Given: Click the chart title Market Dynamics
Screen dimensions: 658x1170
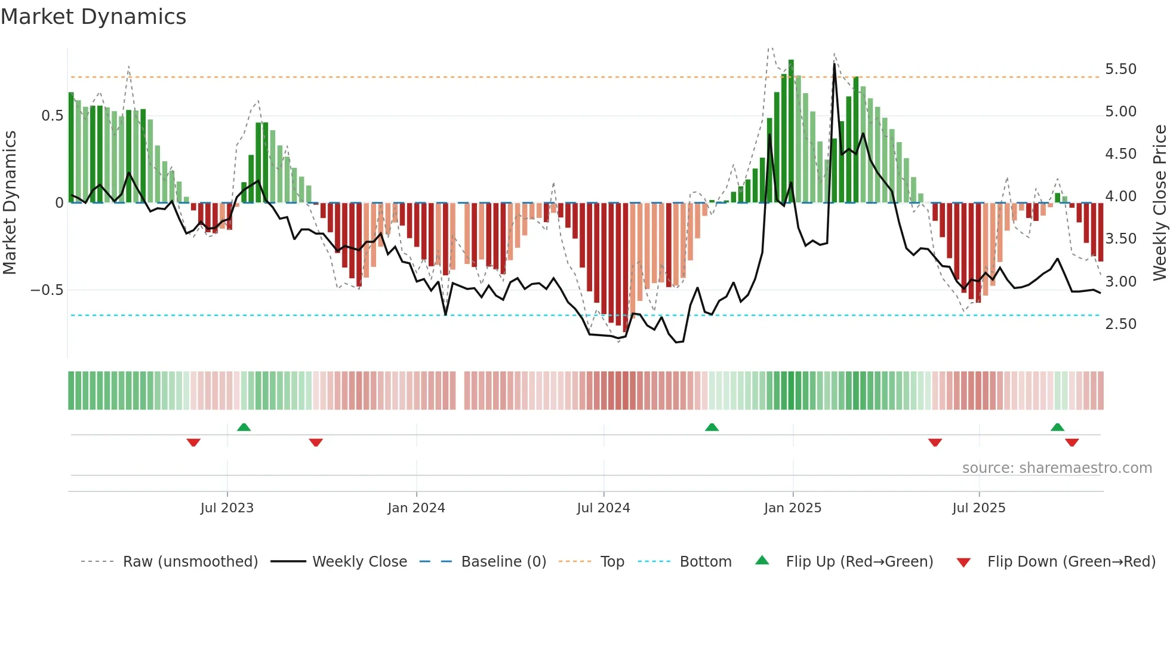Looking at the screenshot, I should (x=93, y=17).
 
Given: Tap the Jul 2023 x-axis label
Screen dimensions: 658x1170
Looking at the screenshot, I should (x=227, y=508).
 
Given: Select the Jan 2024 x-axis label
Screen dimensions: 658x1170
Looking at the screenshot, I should (x=416, y=508).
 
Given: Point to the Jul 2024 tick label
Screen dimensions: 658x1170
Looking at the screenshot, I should (x=604, y=508).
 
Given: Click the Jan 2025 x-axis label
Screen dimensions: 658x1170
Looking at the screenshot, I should (x=793, y=508).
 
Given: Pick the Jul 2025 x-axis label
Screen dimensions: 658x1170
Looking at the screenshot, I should (x=979, y=508).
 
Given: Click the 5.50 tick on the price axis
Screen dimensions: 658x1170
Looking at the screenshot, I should (x=1120, y=69).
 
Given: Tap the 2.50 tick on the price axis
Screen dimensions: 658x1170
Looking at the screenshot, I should (x=1120, y=324).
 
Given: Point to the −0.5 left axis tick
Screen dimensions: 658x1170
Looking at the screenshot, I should (x=47, y=290).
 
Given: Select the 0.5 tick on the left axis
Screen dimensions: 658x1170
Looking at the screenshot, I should (x=53, y=116).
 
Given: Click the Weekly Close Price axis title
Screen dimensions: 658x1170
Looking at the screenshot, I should (x=1159, y=202).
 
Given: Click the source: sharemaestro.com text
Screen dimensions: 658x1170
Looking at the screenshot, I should (x=1057, y=468).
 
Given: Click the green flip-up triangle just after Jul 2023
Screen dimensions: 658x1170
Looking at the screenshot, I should (x=244, y=428).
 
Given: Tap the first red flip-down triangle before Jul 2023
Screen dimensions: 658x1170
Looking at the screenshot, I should (x=193, y=442).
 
